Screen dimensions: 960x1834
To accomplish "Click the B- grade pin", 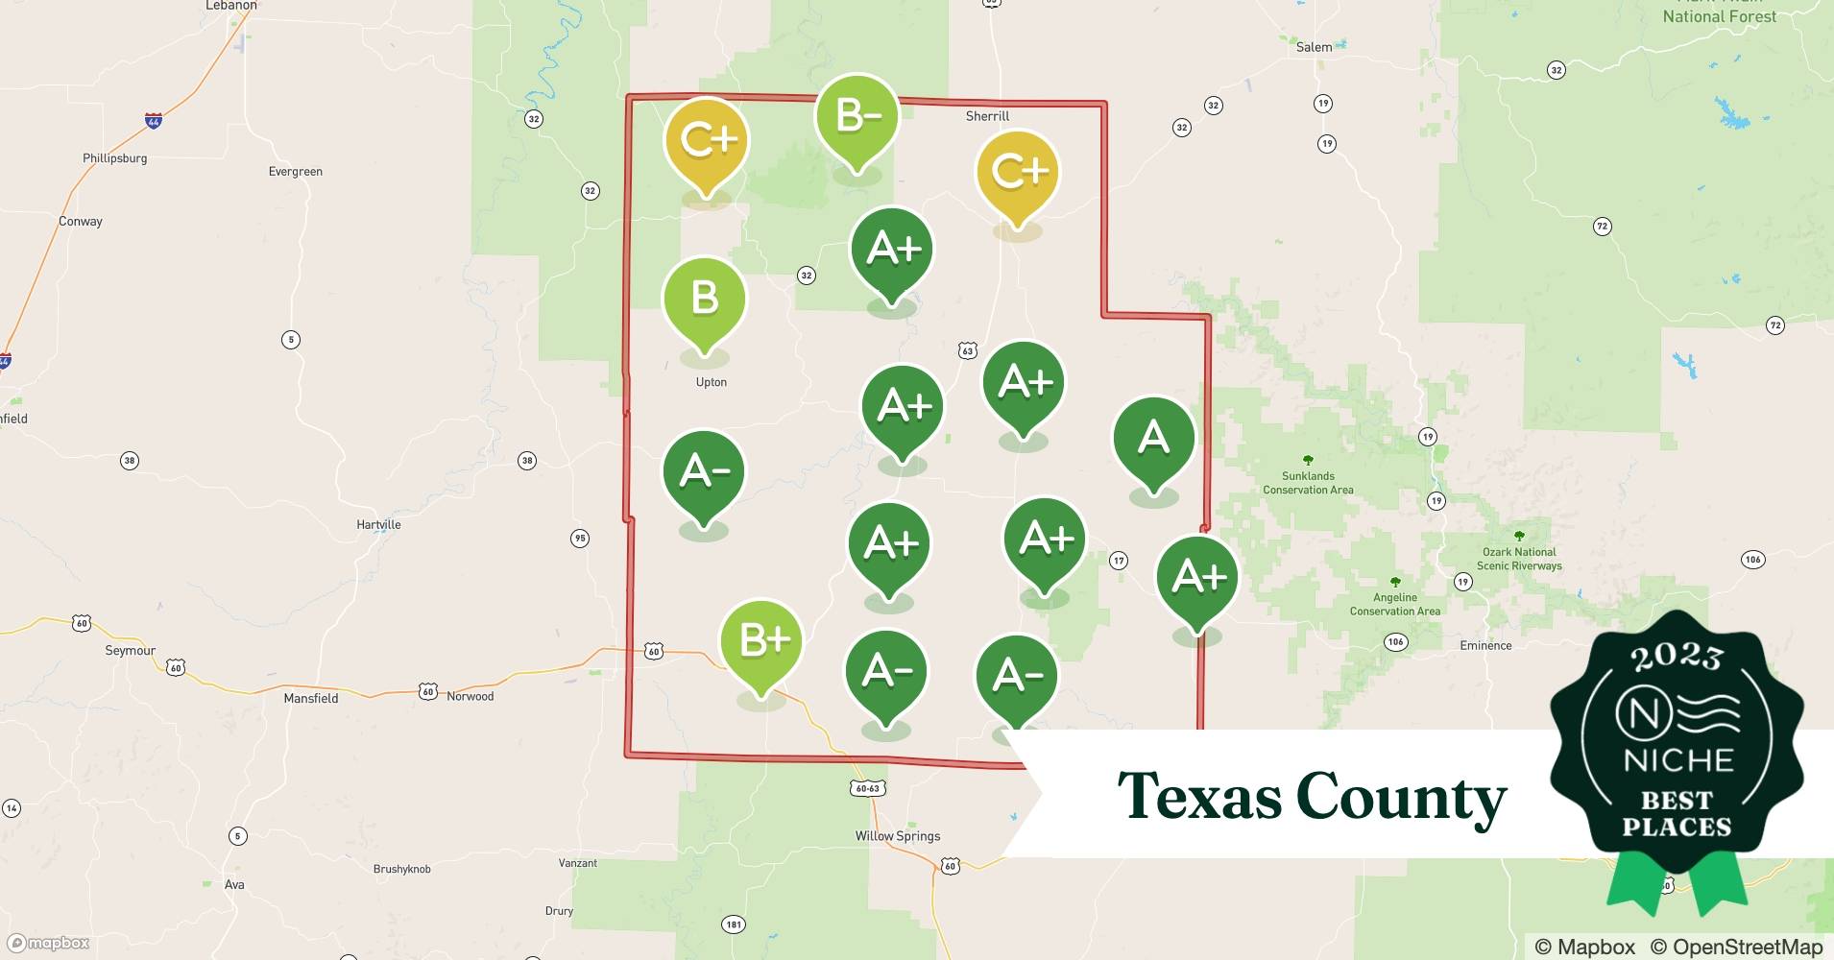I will click(857, 117).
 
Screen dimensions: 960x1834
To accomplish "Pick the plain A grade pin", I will click(1153, 439).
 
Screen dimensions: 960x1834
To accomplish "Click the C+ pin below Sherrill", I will click(1018, 173).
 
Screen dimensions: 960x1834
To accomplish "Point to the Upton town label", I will click(712, 382).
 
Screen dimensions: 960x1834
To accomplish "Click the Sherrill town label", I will click(987, 116).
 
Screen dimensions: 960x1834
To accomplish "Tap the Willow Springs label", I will click(898, 836).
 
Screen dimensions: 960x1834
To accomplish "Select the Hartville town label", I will click(378, 525).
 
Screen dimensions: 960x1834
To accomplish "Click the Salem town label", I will click(1314, 47).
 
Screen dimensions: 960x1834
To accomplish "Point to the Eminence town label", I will click(1485, 646).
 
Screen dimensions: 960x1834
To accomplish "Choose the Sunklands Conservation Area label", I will click(1308, 483).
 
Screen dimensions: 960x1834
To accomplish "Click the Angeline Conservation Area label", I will click(1394, 604).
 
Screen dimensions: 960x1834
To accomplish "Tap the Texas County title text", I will click(1312, 797).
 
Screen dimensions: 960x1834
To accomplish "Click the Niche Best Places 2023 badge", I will click(1677, 749).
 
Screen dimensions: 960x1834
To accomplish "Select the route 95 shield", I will click(580, 539).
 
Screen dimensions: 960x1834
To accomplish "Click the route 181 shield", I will click(734, 925).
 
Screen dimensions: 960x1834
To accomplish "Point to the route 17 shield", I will click(1119, 561).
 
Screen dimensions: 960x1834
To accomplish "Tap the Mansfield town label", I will click(311, 699).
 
